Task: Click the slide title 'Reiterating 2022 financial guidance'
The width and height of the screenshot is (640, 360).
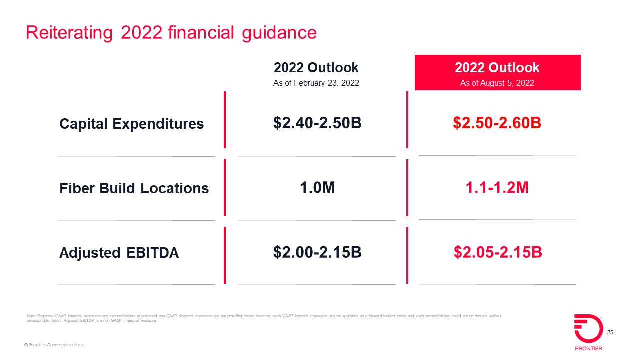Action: pyautogui.click(x=171, y=33)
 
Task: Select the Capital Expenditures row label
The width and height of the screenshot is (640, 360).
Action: pyautogui.click(x=131, y=124)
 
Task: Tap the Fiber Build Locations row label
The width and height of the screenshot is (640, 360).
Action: pyautogui.click(x=134, y=188)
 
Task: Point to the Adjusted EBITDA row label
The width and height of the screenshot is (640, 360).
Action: pyautogui.click(x=119, y=253)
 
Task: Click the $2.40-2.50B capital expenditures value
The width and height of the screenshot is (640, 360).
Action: pyautogui.click(x=317, y=123)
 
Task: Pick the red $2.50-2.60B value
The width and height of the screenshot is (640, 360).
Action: pyautogui.click(x=497, y=123)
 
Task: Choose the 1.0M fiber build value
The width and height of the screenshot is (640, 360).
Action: pyautogui.click(x=317, y=188)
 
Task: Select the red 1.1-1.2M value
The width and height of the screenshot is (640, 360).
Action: pyautogui.click(x=497, y=188)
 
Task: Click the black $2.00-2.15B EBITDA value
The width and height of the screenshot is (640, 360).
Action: pyautogui.click(x=317, y=252)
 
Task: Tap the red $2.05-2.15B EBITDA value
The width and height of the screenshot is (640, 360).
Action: pyautogui.click(x=498, y=252)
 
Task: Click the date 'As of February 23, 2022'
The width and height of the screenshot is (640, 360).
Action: pyautogui.click(x=316, y=83)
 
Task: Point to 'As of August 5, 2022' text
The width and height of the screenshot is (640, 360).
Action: pyautogui.click(x=497, y=83)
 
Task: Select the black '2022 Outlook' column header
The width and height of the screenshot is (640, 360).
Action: pyautogui.click(x=316, y=68)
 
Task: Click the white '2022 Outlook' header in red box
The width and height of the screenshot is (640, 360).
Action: pyautogui.click(x=497, y=68)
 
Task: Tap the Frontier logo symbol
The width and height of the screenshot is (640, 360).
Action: pyautogui.click(x=588, y=328)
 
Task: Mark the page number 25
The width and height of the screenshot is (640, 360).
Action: pyautogui.click(x=610, y=333)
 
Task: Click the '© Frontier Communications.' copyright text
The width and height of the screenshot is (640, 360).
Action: pyautogui.click(x=55, y=345)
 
